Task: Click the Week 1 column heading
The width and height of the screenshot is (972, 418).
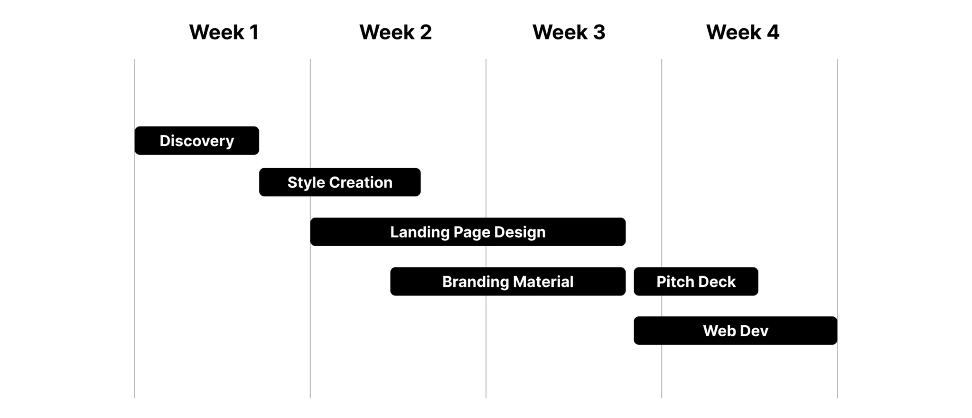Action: [x=224, y=32]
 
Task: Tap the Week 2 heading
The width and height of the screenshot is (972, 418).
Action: [x=395, y=32]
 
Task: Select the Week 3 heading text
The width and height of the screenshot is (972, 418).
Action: [x=569, y=32]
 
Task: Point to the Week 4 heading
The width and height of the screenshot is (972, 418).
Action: [x=742, y=32]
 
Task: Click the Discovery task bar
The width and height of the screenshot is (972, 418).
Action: [x=197, y=141]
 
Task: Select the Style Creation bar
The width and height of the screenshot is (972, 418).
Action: [x=340, y=182]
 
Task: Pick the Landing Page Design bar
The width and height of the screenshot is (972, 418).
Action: [x=468, y=232]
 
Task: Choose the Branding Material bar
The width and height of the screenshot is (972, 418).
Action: [x=508, y=281]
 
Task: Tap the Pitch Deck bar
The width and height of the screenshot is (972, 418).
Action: [x=696, y=281]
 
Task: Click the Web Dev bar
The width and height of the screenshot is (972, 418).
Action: [x=736, y=331]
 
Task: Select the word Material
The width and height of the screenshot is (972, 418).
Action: [x=543, y=282]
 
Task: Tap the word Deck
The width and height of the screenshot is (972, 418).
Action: [x=717, y=282]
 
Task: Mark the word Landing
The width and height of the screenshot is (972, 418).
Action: [x=420, y=232]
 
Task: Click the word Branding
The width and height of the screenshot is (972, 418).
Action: [x=476, y=282]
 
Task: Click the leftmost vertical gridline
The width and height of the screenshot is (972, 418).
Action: [x=135, y=228]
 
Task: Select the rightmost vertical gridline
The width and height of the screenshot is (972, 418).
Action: [x=837, y=228]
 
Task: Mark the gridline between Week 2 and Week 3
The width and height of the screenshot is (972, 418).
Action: [x=486, y=228]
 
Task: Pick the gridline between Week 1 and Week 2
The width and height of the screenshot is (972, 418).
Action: [x=310, y=228]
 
